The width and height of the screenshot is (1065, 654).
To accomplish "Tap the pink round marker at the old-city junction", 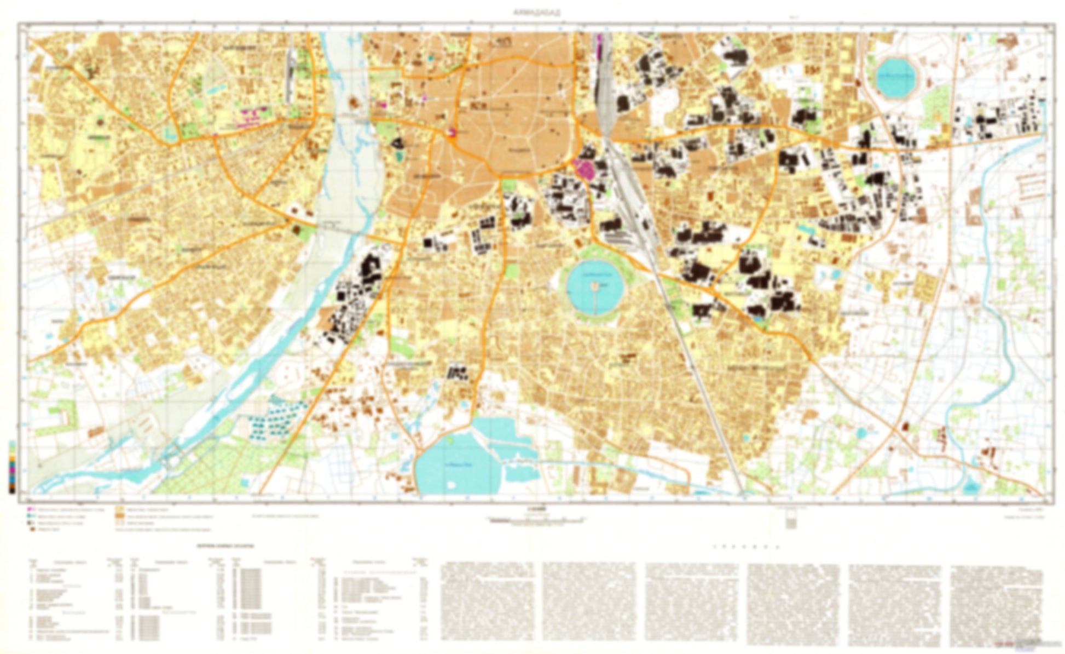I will click(x=452, y=131).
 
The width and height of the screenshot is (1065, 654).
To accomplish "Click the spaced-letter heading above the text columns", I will click(x=746, y=547).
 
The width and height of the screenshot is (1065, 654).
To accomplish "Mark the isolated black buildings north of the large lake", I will click(x=457, y=372).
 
